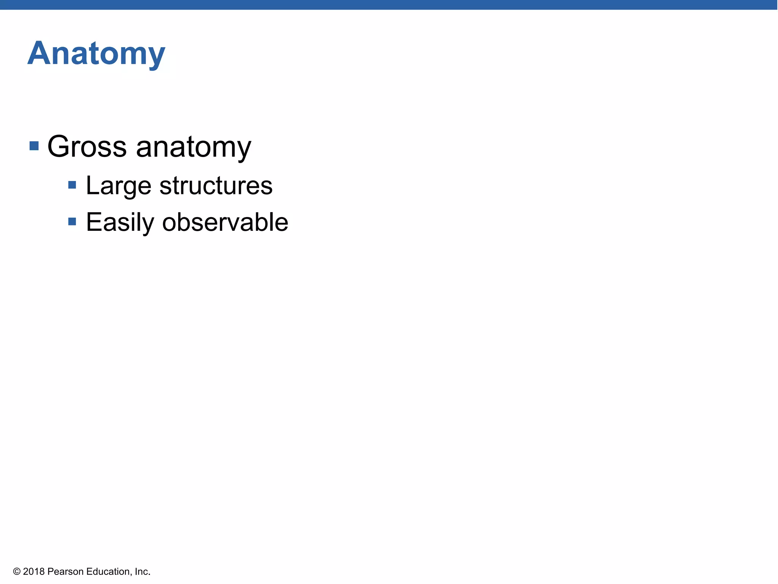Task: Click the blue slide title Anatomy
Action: coord(96,54)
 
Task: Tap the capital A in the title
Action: coord(39,54)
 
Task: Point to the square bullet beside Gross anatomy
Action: coord(34,146)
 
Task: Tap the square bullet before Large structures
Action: coord(72,185)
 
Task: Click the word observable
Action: coord(225,222)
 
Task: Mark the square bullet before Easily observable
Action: coord(72,221)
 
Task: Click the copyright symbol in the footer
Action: coord(17,571)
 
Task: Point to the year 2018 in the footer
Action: coord(34,571)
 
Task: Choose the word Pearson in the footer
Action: coord(65,571)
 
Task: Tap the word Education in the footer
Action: coord(108,571)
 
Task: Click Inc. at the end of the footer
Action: coord(142,571)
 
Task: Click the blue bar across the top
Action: coord(389,5)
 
